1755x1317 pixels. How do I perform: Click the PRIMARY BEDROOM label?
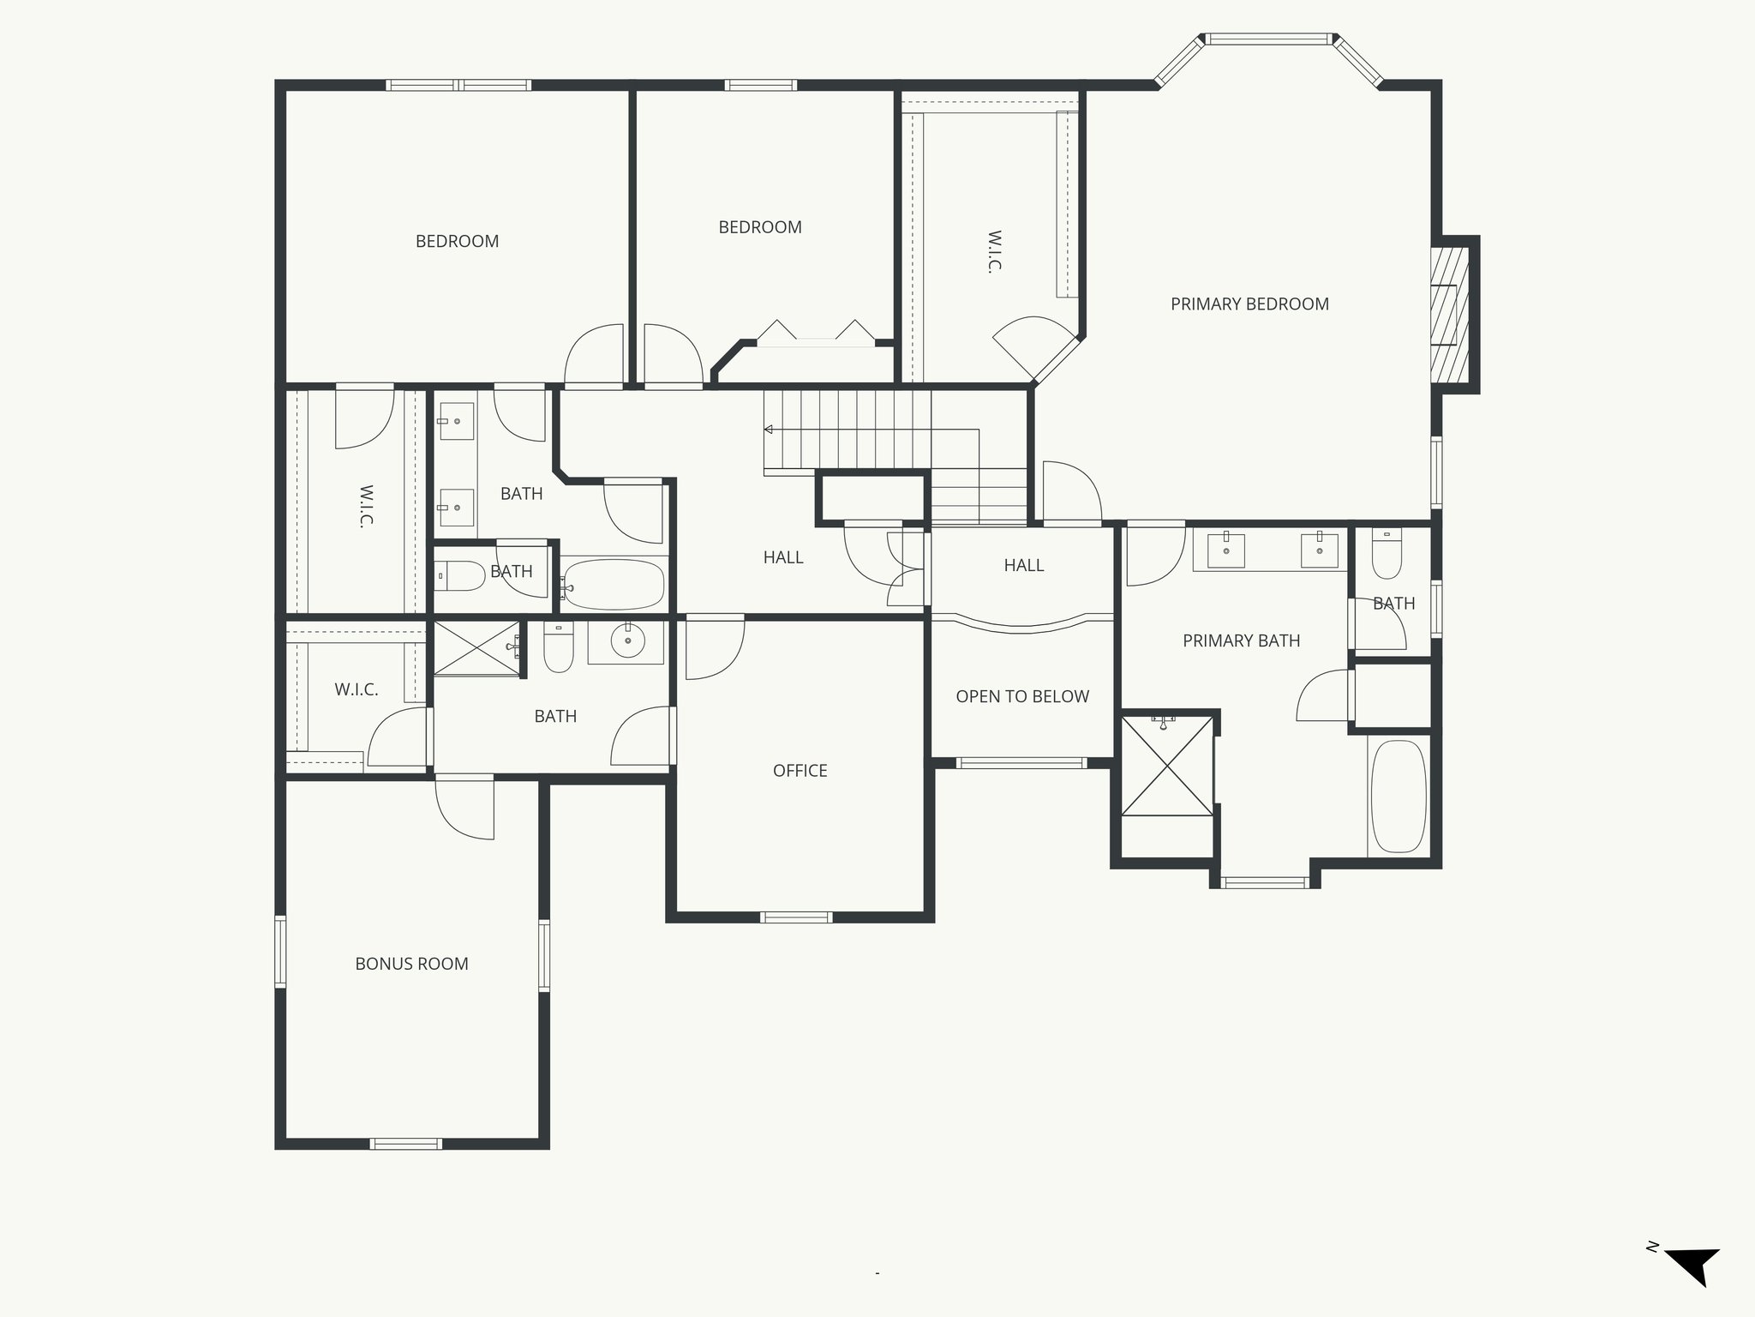1249,304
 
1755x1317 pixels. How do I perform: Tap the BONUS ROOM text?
411,964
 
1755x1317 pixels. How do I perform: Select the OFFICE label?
800,771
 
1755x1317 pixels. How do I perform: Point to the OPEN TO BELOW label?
1022,696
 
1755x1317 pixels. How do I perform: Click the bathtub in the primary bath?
1399,797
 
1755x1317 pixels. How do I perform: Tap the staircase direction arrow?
769,429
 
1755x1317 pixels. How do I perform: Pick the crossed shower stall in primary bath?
1167,766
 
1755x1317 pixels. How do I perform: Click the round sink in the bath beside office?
628,640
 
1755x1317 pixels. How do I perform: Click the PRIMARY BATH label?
1241,640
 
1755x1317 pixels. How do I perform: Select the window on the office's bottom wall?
796,917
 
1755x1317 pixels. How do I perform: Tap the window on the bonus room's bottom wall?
406,1143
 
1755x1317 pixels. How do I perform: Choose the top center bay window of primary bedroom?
1269,39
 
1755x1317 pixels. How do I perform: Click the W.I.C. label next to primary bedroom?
994,250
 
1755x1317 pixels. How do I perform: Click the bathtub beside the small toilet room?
614,585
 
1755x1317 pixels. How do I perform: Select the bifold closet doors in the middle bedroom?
816,334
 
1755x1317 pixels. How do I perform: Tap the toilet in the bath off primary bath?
1387,556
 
